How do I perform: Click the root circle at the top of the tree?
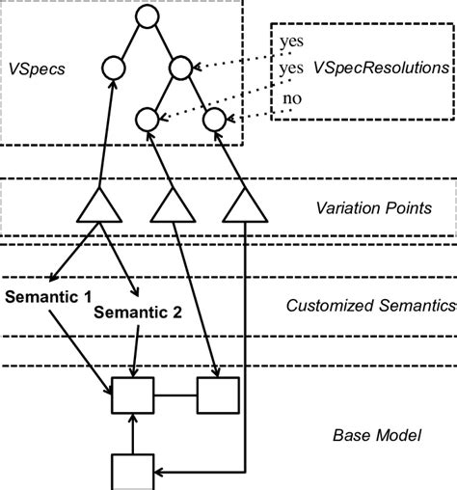click(146, 15)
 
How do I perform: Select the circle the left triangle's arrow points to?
click(113, 68)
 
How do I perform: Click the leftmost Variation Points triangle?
click(100, 206)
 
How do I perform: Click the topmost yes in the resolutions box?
click(289, 41)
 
